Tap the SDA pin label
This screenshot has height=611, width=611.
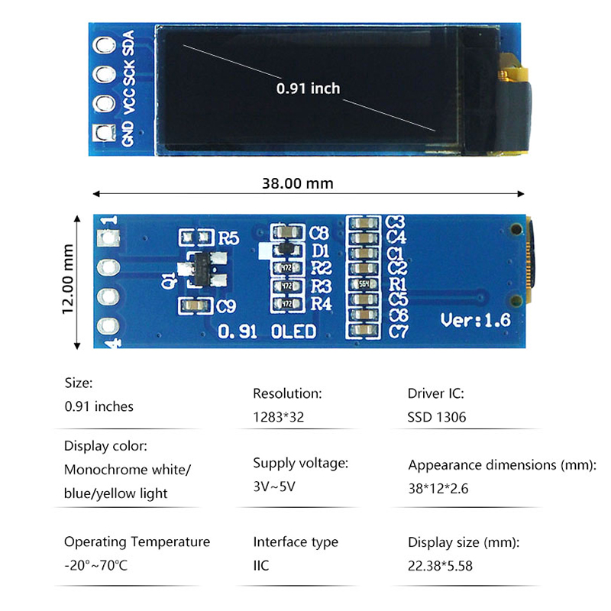[128, 42]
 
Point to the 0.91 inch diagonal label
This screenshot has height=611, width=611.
[308, 89]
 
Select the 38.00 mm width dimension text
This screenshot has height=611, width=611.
[298, 183]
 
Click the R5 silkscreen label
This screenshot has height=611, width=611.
[229, 238]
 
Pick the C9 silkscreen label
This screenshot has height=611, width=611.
[227, 307]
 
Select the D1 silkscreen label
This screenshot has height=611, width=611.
[320, 250]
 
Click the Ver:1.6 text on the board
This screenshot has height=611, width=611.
[475, 321]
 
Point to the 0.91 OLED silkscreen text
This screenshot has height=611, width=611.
[267, 331]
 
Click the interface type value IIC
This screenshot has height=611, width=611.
[261, 566]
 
